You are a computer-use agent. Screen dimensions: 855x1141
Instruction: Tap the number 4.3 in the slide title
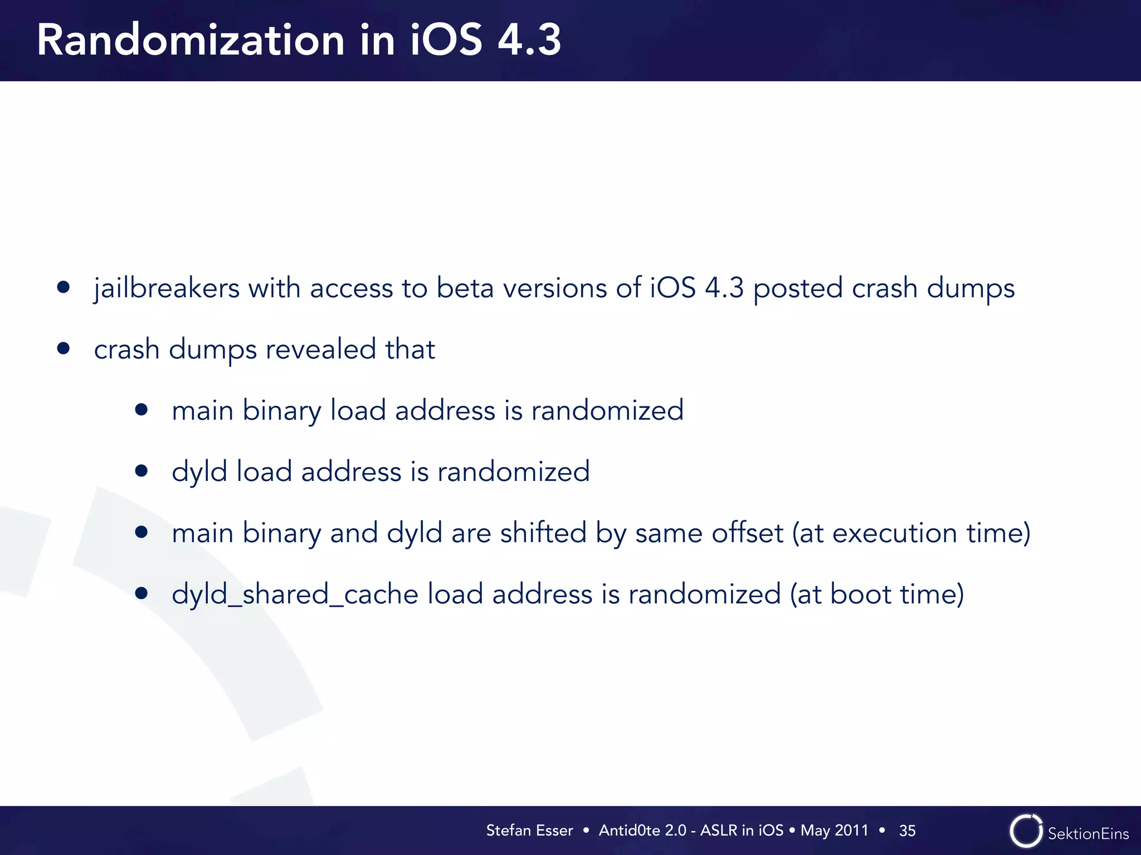point(529,40)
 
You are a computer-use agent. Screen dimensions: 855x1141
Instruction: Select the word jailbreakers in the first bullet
point(167,288)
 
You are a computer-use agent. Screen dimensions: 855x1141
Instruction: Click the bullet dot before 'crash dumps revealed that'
point(64,348)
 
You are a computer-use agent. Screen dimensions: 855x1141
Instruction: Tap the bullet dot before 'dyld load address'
point(142,471)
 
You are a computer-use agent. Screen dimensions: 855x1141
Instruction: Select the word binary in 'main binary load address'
point(281,411)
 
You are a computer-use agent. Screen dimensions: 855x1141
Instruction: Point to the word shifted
point(543,533)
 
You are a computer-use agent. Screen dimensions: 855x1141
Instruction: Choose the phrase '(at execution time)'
point(911,533)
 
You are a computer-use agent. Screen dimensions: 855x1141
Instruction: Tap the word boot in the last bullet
point(861,594)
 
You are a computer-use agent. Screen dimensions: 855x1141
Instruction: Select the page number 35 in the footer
point(907,831)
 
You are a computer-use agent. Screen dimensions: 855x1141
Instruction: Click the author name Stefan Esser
point(529,831)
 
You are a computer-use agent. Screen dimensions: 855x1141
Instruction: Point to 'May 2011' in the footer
point(834,831)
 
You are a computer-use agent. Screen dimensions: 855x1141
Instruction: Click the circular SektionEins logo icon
point(1026,832)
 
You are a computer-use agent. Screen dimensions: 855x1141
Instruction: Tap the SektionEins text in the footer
point(1088,833)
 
